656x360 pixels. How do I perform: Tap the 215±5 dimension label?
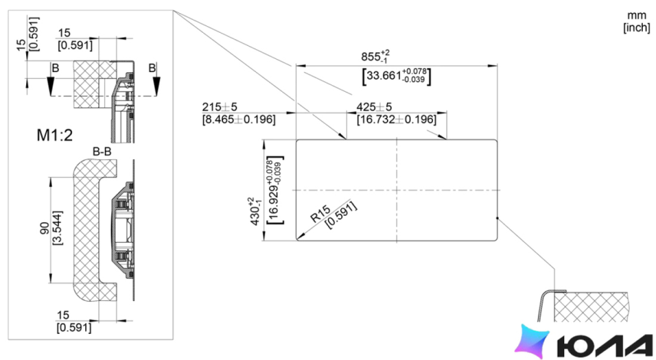(219, 107)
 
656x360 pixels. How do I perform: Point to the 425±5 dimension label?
(374, 107)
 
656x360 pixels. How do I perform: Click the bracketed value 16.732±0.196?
(396, 120)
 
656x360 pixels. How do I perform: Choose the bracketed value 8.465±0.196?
(239, 120)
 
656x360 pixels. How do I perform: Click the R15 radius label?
(320, 214)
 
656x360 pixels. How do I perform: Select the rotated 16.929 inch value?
(274, 190)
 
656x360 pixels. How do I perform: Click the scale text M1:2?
(55, 135)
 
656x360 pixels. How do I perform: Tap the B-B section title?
(102, 151)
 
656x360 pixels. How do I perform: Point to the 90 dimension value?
(45, 228)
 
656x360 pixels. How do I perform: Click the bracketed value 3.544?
(57, 228)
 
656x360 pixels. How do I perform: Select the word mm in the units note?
(637, 16)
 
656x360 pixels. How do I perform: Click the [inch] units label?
(637, 27)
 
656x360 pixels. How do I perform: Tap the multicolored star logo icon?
(532, 341)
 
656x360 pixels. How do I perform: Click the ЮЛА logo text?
(605, 346)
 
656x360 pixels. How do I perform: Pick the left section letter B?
(55, 68)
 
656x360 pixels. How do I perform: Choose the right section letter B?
(152, 68)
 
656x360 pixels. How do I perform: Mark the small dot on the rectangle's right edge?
(497, 218)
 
